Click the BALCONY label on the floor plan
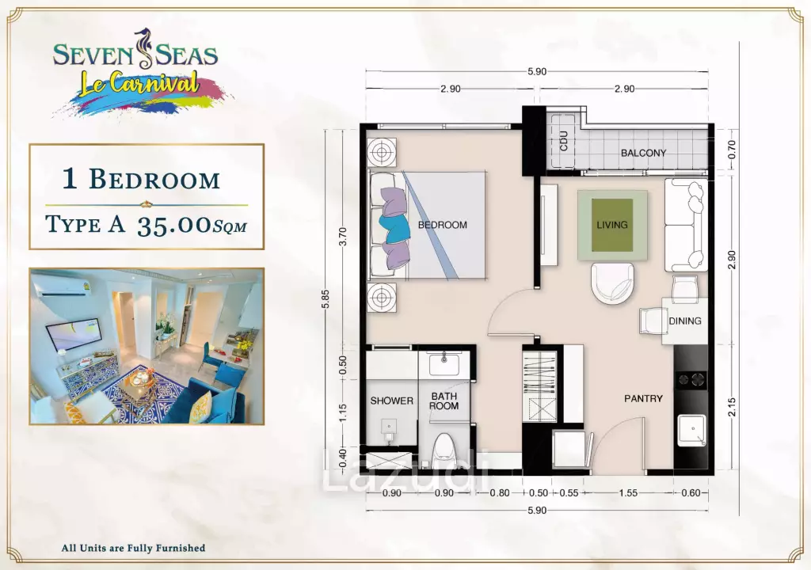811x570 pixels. click(x=643, y=153)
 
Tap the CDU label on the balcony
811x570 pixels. click(x=563, y=141)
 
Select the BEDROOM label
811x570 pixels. click(x=442, y=225)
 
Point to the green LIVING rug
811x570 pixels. click(x=612, y=225)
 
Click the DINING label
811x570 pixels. click(x=685, y=321)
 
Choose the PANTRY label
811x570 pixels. click(x=643, y=398)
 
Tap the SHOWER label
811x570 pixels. click(x=391, y=401)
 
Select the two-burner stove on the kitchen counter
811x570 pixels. click(x=691, y=380)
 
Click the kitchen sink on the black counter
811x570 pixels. click(x=691, y=430)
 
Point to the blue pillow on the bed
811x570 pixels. click(x=394, y=227)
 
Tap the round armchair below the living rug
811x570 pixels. click(x=612, y=283)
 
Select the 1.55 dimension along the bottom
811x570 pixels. click(x=628, y=493)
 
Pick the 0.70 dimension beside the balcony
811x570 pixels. click(x=731, y=150)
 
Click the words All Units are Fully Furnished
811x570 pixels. click(x=133, y=548)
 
